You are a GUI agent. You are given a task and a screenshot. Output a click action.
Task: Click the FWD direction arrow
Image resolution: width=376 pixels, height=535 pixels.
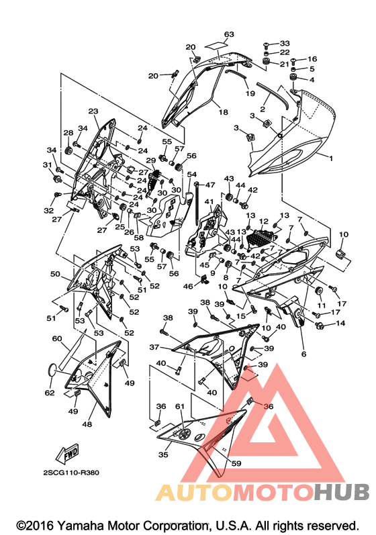[x=67, y=453]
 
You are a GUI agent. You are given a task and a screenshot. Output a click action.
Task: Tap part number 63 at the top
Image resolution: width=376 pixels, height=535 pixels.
[x=229, y=34]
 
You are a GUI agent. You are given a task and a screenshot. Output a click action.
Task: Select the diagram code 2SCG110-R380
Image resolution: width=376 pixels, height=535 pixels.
[x=71, y=473]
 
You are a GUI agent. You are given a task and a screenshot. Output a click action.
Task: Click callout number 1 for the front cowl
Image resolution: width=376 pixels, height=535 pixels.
[x=330, y=158]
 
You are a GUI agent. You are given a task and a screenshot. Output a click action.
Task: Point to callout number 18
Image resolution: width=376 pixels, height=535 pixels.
[x=223, y=111]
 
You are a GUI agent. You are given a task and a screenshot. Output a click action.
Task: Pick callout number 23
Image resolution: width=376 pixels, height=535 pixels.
[x=93, y=111]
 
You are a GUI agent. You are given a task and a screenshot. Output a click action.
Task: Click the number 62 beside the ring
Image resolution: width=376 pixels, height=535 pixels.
[x=50, y=393]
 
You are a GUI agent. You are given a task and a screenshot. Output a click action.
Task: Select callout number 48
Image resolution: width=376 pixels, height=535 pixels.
[x=87, y=424]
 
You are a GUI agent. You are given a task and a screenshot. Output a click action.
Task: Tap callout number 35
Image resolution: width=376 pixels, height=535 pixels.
[x=163, y=454]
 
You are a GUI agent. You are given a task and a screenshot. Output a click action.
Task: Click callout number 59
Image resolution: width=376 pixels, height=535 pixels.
[x=236, y=463]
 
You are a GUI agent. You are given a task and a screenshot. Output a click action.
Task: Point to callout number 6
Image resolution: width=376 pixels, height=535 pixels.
[x=303, y=354]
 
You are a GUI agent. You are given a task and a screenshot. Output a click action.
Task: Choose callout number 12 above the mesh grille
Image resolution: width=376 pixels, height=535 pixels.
[x=263, y=222]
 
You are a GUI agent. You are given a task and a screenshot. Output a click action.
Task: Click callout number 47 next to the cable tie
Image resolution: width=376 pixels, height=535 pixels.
[x=210, y=185]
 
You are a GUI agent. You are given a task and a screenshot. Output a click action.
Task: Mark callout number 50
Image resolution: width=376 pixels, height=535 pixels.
[x=55, y=274]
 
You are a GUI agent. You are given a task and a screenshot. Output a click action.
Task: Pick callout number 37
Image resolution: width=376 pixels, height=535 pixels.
[x=154, y=347]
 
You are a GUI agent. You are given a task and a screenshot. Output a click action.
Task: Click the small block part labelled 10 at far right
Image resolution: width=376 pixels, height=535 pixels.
[x=343, y=254]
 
